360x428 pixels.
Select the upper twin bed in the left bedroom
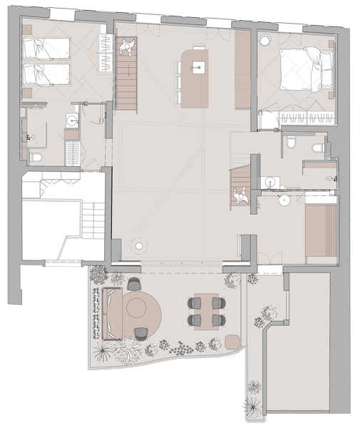pyautogui.click(x=46, y=49)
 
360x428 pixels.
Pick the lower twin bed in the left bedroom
pyautogui.click(x=46, y=73)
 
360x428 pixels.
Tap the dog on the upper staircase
pyautogui.click(x=128, y=47)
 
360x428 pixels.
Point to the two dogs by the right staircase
pyautogui.click(x=243, y=195)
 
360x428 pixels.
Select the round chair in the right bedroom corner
pyautogui.click(x=264, y=40)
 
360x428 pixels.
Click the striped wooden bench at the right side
pyautogui.click(x=320, y=232)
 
